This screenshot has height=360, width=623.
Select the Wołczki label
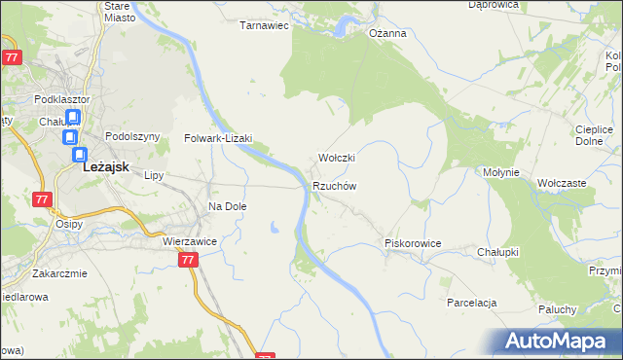[338, 158]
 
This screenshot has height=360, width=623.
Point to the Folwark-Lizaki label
[219, 138]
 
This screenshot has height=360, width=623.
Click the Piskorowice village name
[414, 243]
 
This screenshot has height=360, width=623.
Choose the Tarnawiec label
[265, 25]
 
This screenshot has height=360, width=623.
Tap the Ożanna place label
[386, 32]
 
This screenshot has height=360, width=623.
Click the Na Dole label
[228, 206]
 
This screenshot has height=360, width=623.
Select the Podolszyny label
[131, 137]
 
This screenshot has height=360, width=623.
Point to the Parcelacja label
[472, 303]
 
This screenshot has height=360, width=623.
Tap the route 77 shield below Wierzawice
[189, 260]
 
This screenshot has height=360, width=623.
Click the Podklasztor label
[60, 99]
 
